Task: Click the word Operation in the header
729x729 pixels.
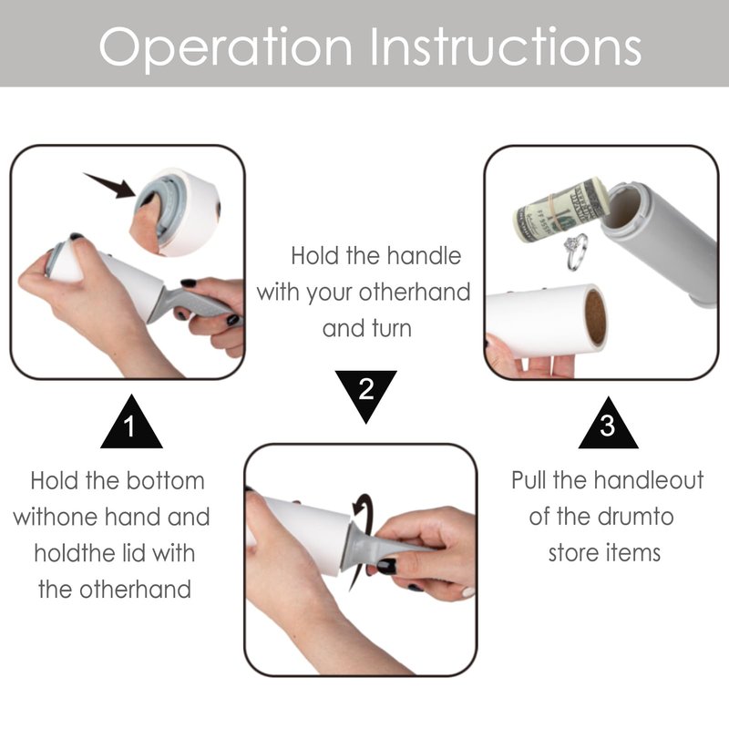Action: point(225,46)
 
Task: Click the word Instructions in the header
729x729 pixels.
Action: point(506,46)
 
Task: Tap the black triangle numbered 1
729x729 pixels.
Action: point(131,422)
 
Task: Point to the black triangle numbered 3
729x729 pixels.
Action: point(608,423)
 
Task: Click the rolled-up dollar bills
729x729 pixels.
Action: point(561,210)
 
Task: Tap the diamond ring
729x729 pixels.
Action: point(576,252)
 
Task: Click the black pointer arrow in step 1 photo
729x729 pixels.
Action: point(110,186)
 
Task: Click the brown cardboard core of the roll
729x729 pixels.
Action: point(595,318)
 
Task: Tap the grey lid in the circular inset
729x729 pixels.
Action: point(158,204)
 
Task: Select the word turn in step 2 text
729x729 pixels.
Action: point(390,328)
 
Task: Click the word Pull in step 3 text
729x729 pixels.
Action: point(529,480)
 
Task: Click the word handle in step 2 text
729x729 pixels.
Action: point(424,256)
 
